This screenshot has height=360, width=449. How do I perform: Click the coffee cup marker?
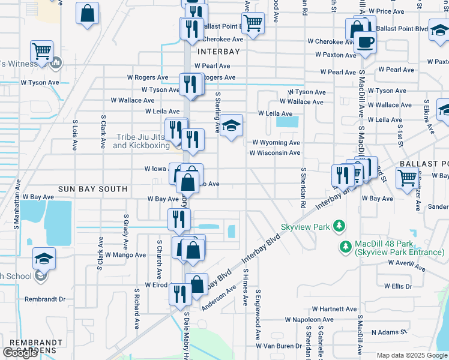pos(365,42)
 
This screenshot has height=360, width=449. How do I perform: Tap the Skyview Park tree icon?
pos(340,227)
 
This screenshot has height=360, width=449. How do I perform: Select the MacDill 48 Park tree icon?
pos(345,247)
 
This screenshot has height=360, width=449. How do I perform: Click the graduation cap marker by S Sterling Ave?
pos(231,126)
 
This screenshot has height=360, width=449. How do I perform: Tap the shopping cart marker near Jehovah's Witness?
pos(41,52)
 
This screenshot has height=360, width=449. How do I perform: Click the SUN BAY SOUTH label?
pos(92,189)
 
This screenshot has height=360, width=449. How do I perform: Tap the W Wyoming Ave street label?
pos(276,143)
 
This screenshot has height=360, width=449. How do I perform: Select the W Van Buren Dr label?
pos(279,346)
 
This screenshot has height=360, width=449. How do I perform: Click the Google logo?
pos(20,353)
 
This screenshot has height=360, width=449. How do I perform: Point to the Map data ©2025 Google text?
pos(412,355)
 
